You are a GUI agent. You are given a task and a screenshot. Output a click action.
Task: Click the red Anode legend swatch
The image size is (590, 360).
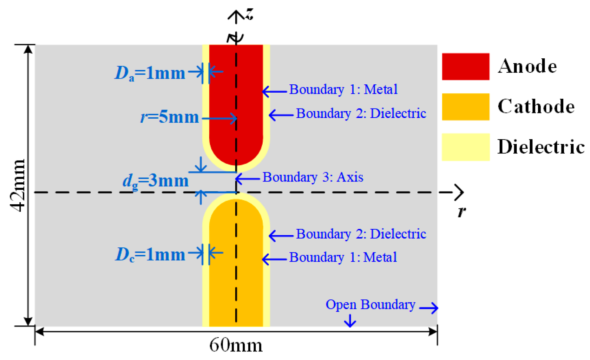[465, 66]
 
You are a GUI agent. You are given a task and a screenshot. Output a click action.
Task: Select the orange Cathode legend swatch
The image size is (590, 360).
[465, 107]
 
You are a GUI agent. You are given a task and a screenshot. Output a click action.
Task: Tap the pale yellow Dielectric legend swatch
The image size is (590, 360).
[465, 147]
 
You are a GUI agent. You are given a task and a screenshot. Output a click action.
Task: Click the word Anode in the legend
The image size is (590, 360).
[527, 66]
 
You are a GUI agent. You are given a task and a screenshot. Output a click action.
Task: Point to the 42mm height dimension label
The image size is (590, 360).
[17, 185]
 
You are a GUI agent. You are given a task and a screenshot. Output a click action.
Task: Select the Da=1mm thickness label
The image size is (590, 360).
[149, 73]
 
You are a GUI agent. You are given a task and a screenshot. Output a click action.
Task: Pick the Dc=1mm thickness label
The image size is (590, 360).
[150, 254]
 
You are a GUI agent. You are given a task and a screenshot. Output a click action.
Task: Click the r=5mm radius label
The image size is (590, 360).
[169, 117]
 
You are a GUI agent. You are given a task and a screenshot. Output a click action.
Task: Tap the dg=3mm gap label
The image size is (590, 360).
[155, 181]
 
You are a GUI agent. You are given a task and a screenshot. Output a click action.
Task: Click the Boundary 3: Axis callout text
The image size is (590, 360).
[312, 177]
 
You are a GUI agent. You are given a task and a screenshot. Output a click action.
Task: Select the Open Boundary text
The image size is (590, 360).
[370, 304]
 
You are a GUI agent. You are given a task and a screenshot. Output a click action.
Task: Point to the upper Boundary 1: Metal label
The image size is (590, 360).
[343, 89]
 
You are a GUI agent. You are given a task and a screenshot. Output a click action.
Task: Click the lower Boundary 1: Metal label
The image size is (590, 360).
[343, 257]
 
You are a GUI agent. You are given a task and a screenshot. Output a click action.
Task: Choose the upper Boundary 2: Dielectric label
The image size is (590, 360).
[361, 113]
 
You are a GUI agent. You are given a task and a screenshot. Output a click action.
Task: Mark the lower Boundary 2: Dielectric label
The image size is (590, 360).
[361, 234]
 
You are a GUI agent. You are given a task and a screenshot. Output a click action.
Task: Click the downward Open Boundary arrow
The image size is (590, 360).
[350, 321]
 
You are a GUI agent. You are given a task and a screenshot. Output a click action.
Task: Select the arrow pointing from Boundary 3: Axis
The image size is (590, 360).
[247, 179]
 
